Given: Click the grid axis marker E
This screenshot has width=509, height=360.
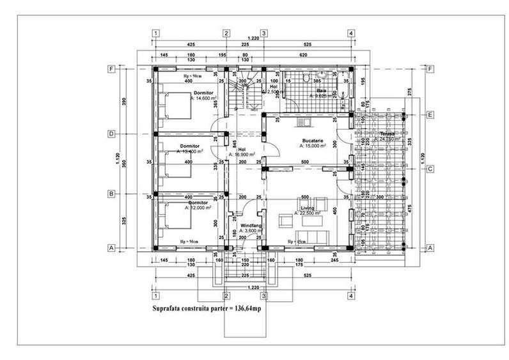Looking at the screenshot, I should click(430, 114).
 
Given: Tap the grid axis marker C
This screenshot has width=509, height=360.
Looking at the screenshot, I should click(430, 169).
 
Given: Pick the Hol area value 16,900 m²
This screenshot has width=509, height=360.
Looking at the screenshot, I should click(244, 154).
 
